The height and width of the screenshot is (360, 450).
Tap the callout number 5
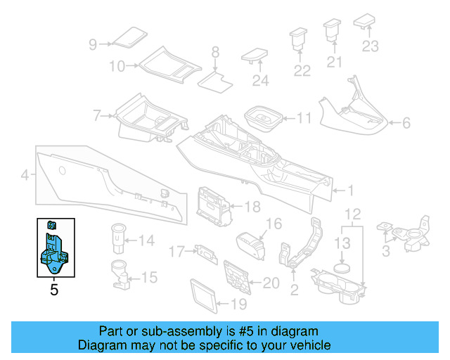point(54,288)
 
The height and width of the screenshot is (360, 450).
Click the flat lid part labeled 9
point(128,37)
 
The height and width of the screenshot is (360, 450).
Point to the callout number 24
point(260,81)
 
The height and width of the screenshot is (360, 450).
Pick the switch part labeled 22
point(300,39)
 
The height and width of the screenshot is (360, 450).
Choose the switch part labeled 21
point(332,32)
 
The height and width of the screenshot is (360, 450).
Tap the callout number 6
point(406,123)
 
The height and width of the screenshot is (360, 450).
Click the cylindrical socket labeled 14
point(117,238)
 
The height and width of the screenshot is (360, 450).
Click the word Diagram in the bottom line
point(102,345)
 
